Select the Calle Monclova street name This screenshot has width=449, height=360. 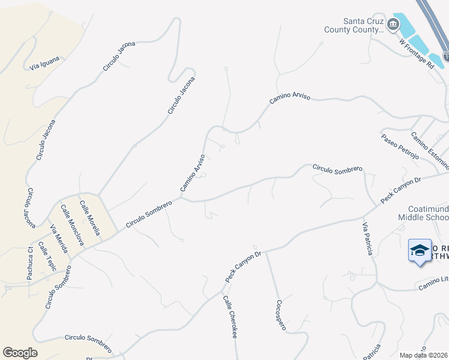click(x=72, y=225)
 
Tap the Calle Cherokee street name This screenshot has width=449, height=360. click(x=231, y=316)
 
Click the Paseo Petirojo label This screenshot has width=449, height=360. click(x=400, y=146)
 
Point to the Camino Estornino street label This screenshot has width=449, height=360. click(x=429, y=150)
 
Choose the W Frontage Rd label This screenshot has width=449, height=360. click(x=416, y=54)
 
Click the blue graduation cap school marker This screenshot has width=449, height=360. click(x=420, y=250)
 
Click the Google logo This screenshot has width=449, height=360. click(x=20, y=353)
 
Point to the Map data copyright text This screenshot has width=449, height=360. click(x=424, y=355)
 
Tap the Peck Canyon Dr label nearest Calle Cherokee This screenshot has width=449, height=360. click(x=244, y=267)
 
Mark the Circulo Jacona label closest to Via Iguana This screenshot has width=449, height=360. click(x=119, y=56)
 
